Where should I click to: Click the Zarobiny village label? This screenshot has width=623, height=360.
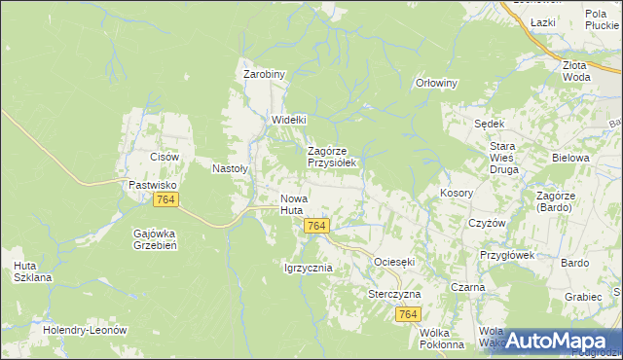263,74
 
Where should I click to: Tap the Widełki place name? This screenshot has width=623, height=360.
288,120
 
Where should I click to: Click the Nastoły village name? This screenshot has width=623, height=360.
231,167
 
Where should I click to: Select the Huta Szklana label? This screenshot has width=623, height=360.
32,270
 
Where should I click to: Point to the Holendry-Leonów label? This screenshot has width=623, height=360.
86,330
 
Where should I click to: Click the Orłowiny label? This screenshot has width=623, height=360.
436,83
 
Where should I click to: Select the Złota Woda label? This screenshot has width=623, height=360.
576,70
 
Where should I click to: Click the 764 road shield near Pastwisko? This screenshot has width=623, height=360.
165,199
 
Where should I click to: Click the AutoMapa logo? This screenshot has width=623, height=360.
551,340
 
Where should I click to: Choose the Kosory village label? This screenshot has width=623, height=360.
457,193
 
